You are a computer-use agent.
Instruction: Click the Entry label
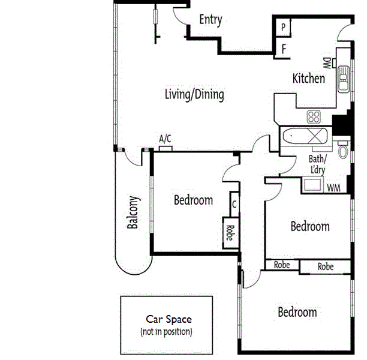pos(210,20)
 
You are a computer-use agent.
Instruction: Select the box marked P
pos(283,28)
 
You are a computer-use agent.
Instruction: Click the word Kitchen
pos(308,79)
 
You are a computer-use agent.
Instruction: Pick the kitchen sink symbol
pos(344,79)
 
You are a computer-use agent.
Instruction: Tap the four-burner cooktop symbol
pos(314,116)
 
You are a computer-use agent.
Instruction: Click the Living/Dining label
pos(194,94)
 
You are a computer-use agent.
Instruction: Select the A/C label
pos(165,139)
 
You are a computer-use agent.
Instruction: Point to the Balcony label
pos(133,212)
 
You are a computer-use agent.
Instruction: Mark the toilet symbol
pos(342,150)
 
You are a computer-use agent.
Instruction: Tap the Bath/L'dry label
pos(317,164)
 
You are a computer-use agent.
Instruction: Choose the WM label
pos(333,188)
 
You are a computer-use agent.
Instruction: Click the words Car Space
pos(169,319)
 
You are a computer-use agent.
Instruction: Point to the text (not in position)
pos(167,332)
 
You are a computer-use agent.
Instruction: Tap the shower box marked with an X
pos(318,136)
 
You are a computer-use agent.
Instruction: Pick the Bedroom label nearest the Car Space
pos(297,313)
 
